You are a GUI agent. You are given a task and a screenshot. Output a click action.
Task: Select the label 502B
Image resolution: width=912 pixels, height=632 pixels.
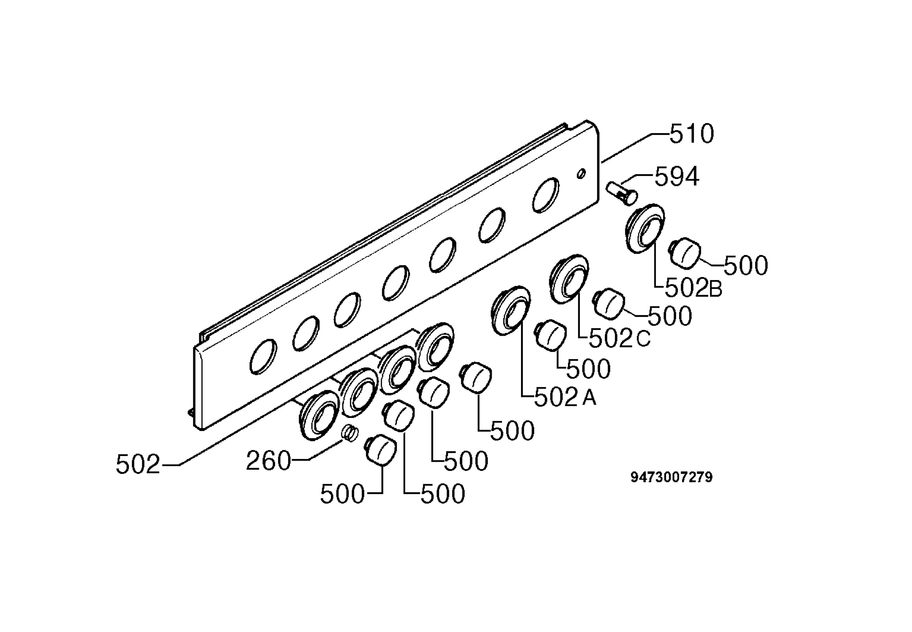(x=693, y=289)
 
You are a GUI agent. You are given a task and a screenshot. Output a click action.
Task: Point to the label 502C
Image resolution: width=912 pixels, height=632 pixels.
(x=620, y=339)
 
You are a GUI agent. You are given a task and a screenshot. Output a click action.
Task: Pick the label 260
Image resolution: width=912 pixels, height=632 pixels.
(x=268, y=461)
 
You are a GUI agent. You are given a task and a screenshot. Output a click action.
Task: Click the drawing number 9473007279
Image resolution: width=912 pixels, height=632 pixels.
(x=671, y=477)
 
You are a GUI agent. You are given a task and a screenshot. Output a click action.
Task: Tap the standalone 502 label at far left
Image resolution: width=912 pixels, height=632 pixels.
(x=138, y=464)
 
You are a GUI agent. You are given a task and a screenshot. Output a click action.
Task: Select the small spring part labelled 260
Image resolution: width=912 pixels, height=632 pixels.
(x=350, y=432)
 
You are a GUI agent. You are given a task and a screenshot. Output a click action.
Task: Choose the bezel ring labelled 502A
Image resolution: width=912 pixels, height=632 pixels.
(x=511, y=310)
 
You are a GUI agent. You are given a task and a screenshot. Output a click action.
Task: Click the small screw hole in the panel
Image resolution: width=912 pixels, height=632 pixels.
(x=581, y=173)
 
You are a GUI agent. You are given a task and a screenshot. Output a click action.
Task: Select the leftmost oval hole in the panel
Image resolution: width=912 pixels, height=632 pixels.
(x=264, y=356)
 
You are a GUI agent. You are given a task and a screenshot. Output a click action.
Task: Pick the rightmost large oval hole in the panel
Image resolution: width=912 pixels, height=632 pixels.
(x=546, y=195)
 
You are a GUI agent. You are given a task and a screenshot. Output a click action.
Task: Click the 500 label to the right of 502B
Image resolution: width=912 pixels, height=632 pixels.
(x=746, y=265)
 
